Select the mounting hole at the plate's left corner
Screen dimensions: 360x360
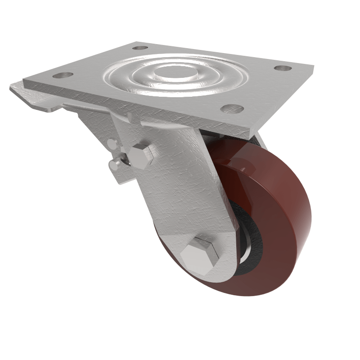click(x=63, y=75)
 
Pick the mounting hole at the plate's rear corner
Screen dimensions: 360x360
click(x=140, y=47)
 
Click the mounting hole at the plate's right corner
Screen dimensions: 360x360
click(x=283, y=68)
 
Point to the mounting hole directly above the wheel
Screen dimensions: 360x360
click(x=232, y=108)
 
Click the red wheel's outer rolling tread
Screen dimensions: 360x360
click(x=288, y=225)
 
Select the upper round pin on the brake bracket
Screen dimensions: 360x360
click(x=111, y=144)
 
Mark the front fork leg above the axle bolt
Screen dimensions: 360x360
click(x=180, y=189)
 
